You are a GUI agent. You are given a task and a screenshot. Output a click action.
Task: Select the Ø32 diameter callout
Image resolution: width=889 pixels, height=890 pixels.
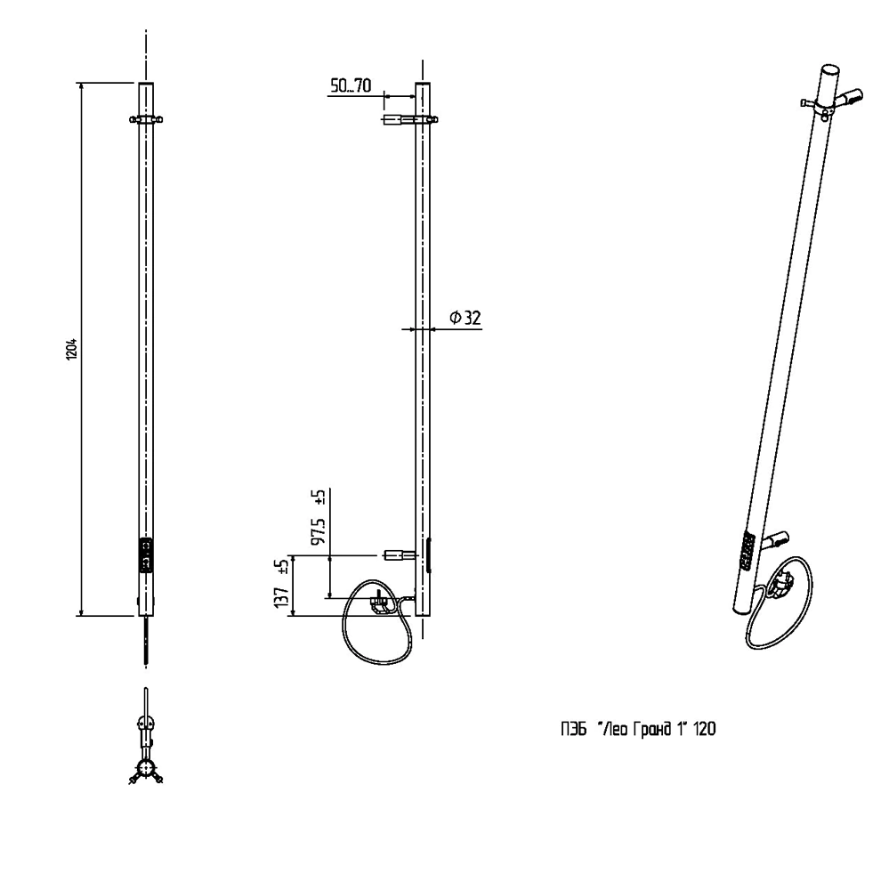click(465, 318)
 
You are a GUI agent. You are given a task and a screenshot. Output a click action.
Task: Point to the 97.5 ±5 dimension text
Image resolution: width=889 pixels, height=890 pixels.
click(316, 519)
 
